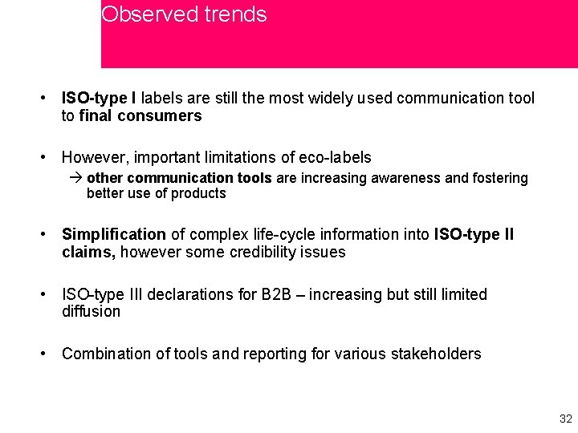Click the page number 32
tap(565, 419)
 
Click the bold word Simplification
tap(114, 235)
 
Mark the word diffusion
tap(91, 311)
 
